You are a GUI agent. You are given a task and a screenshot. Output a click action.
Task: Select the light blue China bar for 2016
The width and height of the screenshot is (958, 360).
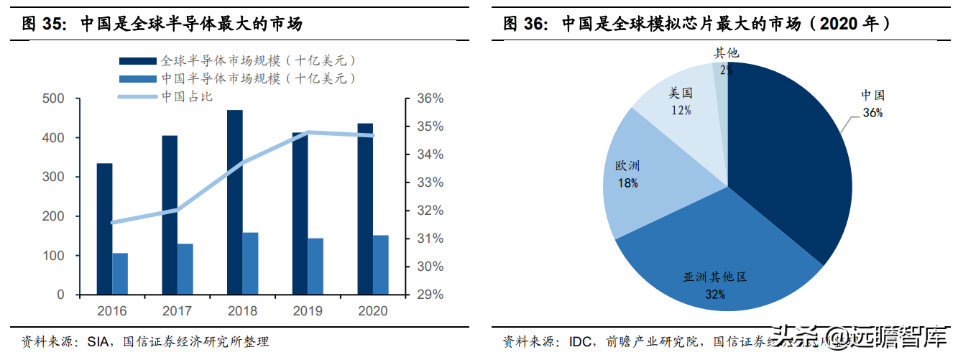[120, 274]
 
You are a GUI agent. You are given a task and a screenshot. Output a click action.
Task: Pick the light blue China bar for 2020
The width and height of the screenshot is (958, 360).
[380, 265]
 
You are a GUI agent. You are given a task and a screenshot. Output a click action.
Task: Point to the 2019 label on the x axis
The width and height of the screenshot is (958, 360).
[307, 311]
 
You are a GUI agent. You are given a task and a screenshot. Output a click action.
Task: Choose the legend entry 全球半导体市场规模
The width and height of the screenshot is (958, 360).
[258, 61]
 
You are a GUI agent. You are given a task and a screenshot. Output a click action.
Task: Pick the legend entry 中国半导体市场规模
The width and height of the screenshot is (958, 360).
[258, 78]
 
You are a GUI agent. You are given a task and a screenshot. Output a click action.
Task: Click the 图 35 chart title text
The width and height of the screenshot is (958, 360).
[162, 24]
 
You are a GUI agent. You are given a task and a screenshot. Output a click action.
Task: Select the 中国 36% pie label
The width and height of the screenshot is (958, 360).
[873, 103]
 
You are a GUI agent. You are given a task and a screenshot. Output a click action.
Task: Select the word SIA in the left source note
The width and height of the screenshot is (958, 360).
[97, 341]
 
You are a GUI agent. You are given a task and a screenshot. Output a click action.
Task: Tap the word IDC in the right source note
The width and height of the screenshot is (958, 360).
[580, 341]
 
